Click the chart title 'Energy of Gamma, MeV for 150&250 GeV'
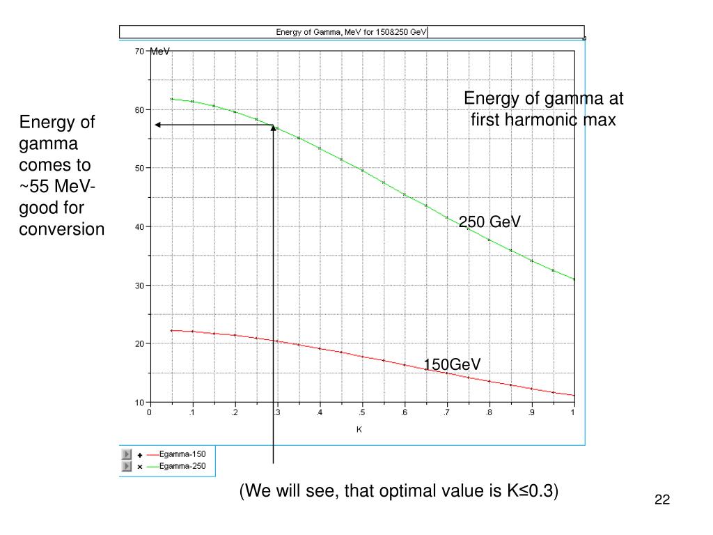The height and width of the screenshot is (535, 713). click(x=352, y=32)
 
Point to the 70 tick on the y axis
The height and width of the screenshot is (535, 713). click(x=139, y=51)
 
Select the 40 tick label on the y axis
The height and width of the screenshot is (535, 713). click(x=139, y=226)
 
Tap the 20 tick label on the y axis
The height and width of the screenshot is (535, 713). click(x=139, y=343)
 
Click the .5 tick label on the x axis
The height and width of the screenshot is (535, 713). click(x=361, y=413)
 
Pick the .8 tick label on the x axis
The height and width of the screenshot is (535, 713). click(x=489, y=413)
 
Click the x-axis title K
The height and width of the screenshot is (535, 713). click(x=359, y=429)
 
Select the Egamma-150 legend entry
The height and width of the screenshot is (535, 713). click(x=182, y=454)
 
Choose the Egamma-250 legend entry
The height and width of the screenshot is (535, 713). click(x=182, y=467)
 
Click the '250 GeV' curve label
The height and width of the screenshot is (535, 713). click(x=489, y=222)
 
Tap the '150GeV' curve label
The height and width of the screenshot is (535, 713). click(x=453, y=364)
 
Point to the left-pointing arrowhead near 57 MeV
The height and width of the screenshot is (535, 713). click(x=158, y=125)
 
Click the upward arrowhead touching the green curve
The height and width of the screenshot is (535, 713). click(x=273, y=128)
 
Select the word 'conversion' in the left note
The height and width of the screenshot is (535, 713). click(x=61, y=229)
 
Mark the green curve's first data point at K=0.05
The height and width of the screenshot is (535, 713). click(x=171, y=99)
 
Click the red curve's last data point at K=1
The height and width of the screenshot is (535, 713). click(x=574, y=396)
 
